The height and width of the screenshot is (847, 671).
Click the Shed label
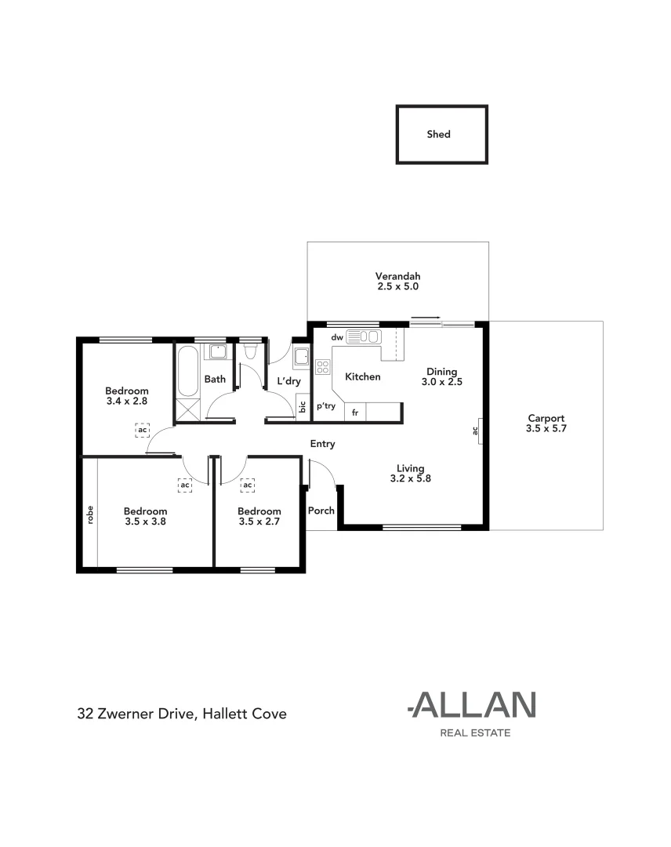(438, 134)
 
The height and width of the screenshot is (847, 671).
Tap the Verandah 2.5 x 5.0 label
(397, 282)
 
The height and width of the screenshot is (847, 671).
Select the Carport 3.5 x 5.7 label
(546, 423)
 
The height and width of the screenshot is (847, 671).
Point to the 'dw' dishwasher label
(337, 337)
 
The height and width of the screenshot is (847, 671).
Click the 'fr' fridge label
(355, 412)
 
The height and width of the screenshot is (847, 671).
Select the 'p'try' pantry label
(326, 406)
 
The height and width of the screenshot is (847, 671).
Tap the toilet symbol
(250, 352)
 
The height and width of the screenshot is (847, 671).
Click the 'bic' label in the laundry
(303, 407)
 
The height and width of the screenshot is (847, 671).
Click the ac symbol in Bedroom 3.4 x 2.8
(142, 430)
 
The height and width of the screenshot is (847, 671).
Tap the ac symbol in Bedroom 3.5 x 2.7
(248, 485)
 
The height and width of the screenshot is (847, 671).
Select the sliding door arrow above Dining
(426, 318)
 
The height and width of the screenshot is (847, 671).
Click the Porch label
(321, 511)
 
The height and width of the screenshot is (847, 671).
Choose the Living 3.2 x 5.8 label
(410, 473)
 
